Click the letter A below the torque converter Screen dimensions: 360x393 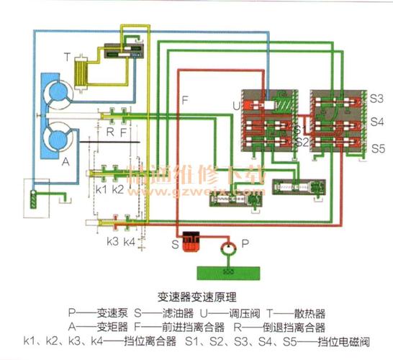tap(65, 162)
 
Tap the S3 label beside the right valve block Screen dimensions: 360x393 tap(377, 97)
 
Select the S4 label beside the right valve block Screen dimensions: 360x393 tap(377, 122)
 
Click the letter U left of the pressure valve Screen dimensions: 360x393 tap(236, 107)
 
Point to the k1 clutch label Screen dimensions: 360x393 tap(101, 189)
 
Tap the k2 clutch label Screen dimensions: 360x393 tap(118, 189)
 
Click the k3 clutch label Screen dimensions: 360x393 tap(113, 241)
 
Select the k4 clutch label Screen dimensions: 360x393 tap(130, 241)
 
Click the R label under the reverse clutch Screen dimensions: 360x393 tap(110, 132)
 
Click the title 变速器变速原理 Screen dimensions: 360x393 tap(196, 296)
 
